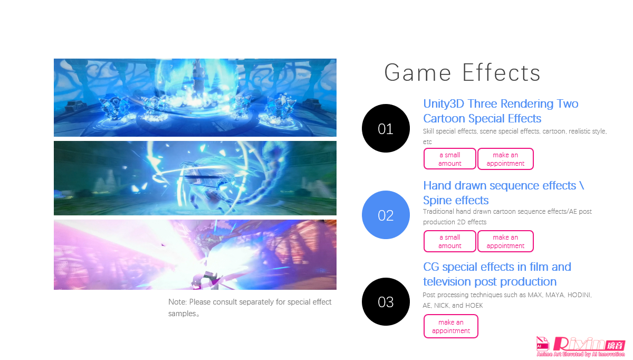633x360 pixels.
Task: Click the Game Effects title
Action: point(462,72)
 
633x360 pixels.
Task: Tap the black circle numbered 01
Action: point(386,128)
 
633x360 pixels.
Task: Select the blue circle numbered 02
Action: point(386,215)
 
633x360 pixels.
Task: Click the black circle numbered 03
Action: point(386,301)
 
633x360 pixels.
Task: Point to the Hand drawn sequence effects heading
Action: point(503,193)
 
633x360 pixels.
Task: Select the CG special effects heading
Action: point(497,274)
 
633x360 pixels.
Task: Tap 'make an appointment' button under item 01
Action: point(505,159)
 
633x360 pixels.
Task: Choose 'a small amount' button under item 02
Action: point(449,241)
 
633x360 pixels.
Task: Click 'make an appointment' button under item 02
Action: point(505,241)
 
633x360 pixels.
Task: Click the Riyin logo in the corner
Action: point(580,347)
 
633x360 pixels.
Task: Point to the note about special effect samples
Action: point(250,308)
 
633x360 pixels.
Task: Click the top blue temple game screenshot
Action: point(195,98)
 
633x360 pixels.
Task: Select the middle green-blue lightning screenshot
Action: point(195,178)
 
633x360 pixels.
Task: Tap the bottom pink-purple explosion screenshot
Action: point(195,254)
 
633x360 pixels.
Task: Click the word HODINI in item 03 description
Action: point(579,295)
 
